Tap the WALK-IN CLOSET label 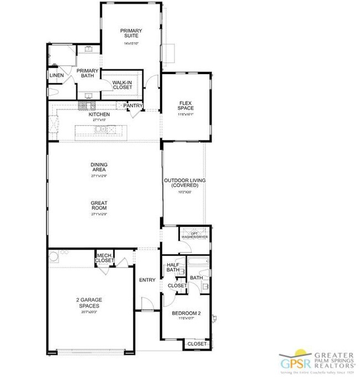pos(122,84)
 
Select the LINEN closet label pos(56,76)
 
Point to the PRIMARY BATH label pos(87,74)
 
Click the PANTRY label pos(133,105)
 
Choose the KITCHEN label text pos(100,114)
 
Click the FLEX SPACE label pos(186,105)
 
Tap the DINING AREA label pos(99,167)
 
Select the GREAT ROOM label pos(99,206)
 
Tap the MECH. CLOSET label pos(104,258)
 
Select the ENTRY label pos(147,280)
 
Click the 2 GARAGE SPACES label pos(89,303)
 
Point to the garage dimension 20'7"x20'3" pos(89,312)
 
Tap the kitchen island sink pos(100,130)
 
